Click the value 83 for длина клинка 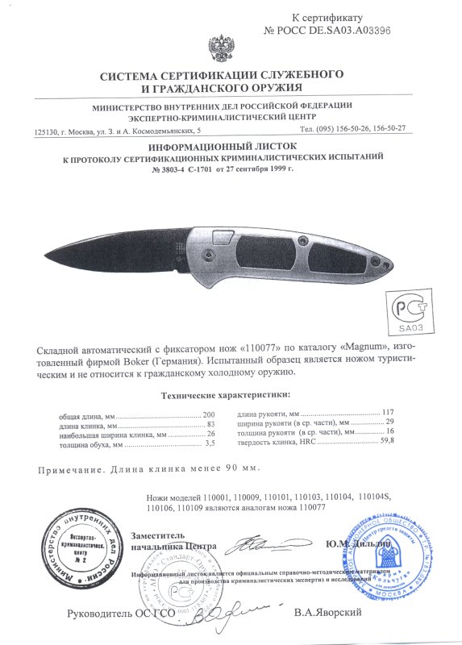[x=212, y=424]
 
